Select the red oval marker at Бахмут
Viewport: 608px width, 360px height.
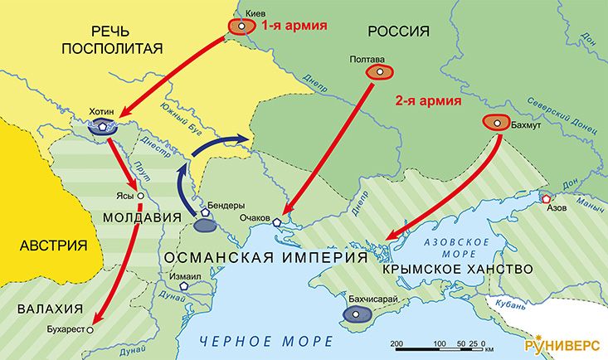(x=496, y=123)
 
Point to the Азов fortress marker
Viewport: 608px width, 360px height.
(x=546, y=198)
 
